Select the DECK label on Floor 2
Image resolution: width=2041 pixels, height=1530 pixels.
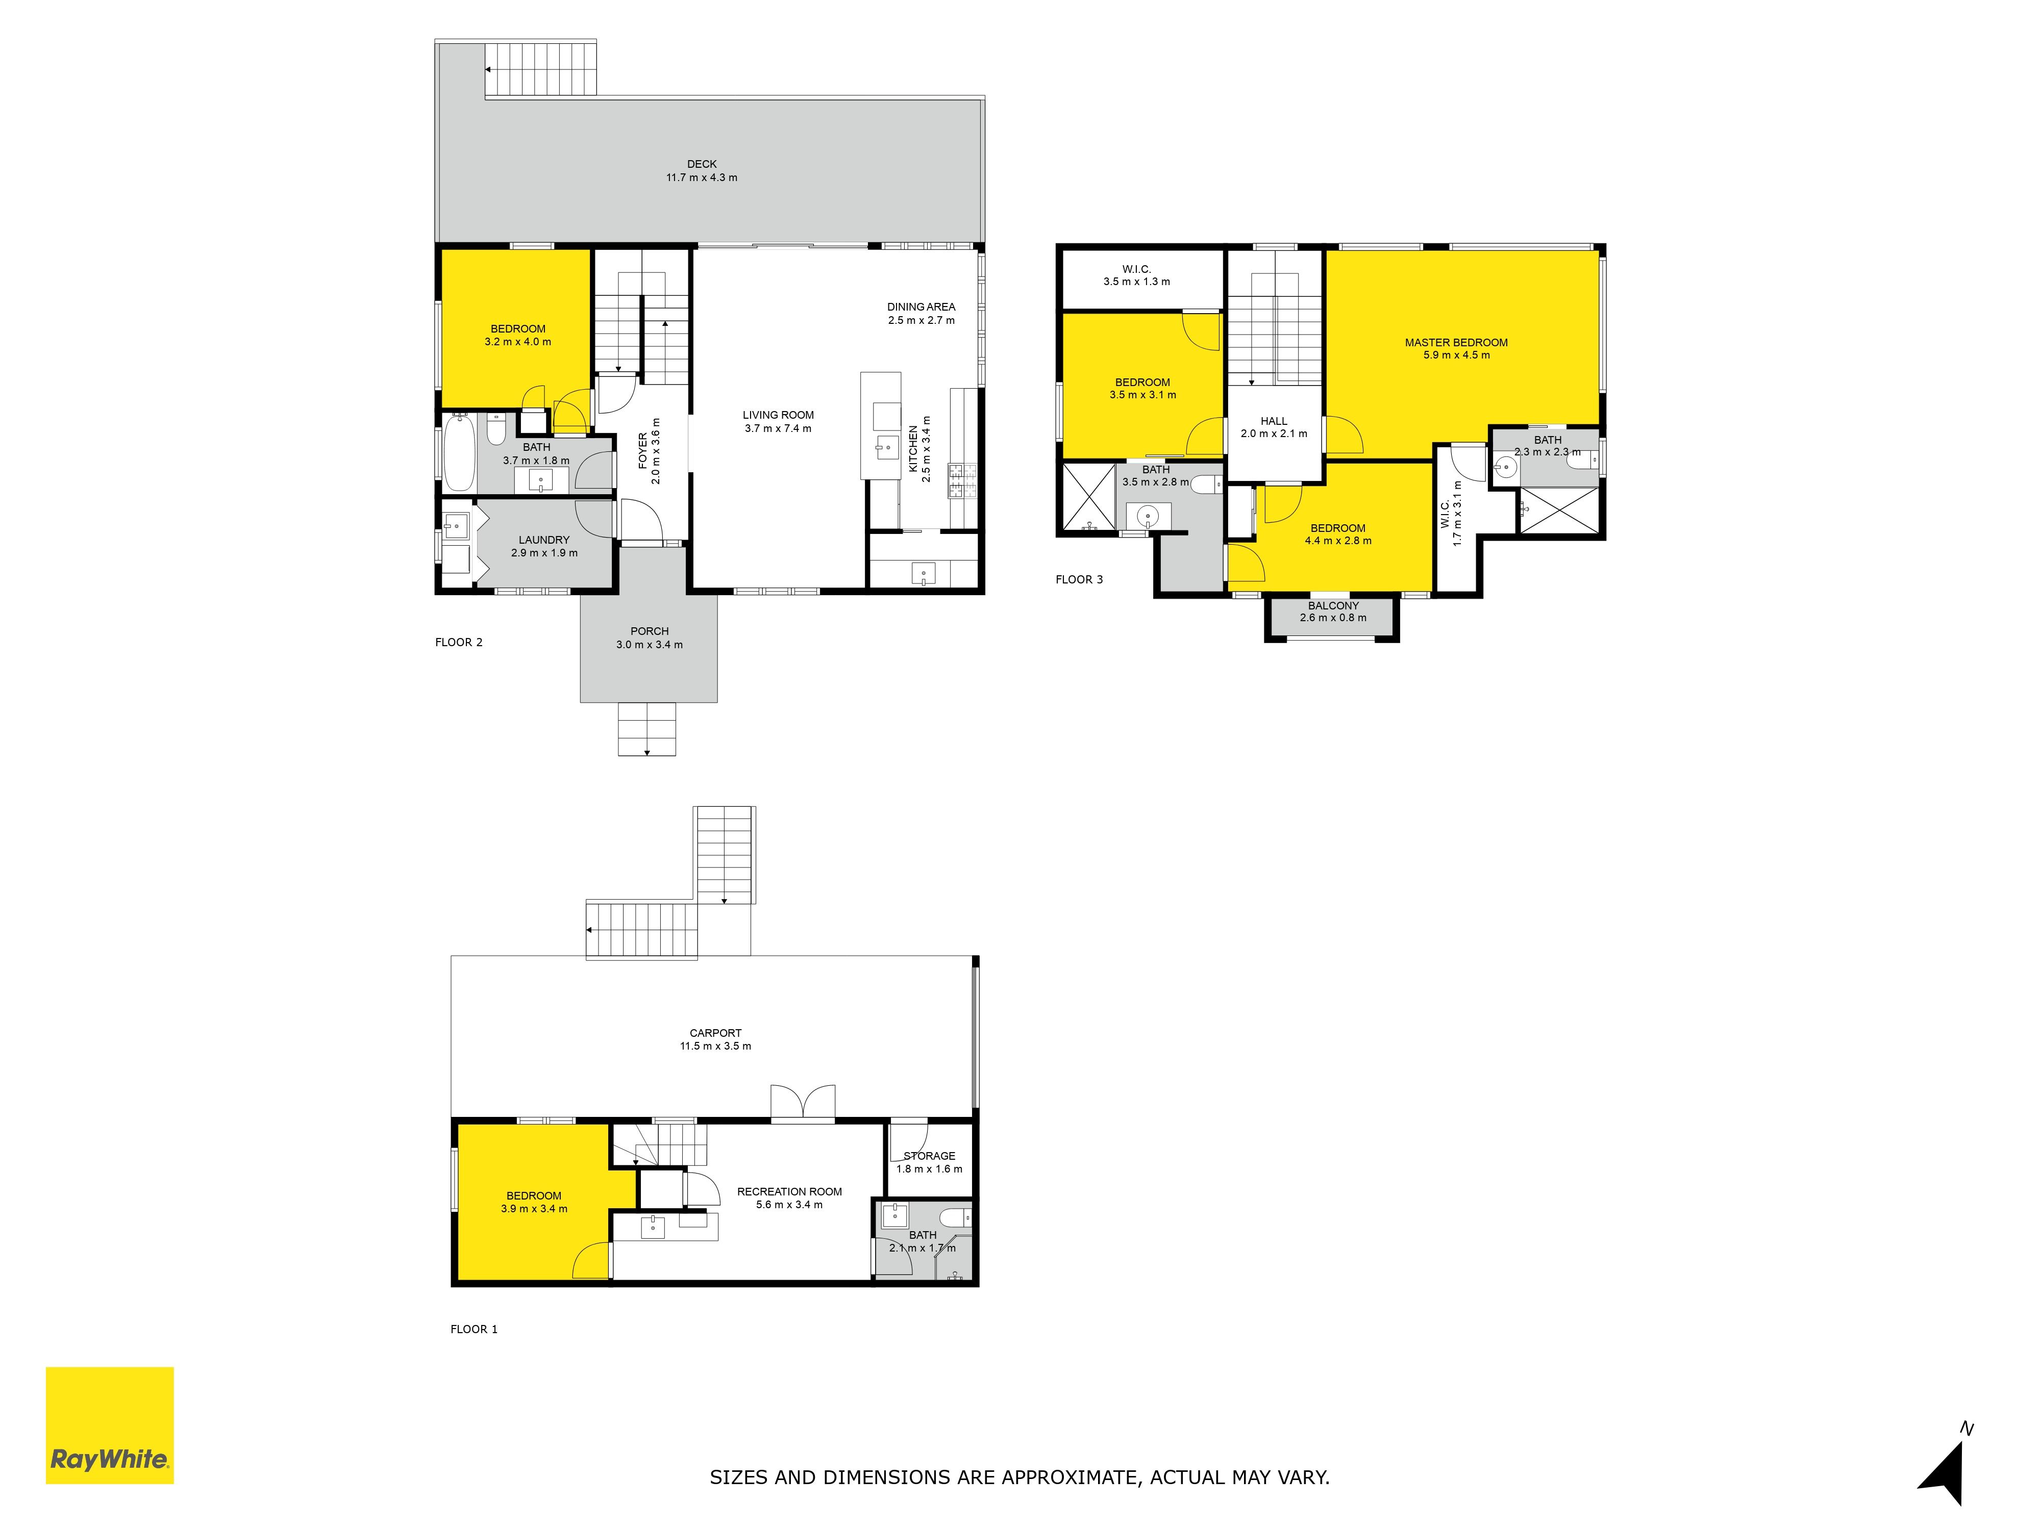[702, 164]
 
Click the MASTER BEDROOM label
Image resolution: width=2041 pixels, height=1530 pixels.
[1456, 342]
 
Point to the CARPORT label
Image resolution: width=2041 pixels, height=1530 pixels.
[715, 1033]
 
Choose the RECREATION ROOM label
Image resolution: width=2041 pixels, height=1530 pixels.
[789, 1191]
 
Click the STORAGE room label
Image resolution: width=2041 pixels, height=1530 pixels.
[929, 1156]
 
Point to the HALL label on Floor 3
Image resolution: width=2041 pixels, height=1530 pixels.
[1273, 421]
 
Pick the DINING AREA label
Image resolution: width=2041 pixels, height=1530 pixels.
[921, 307]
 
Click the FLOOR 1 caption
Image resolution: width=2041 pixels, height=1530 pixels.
[474, 1329]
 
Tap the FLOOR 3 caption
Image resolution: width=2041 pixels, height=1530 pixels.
[1079, 579]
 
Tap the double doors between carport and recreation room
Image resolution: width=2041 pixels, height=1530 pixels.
[803, 1103]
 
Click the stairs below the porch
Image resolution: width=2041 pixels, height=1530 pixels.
[647, 729]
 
